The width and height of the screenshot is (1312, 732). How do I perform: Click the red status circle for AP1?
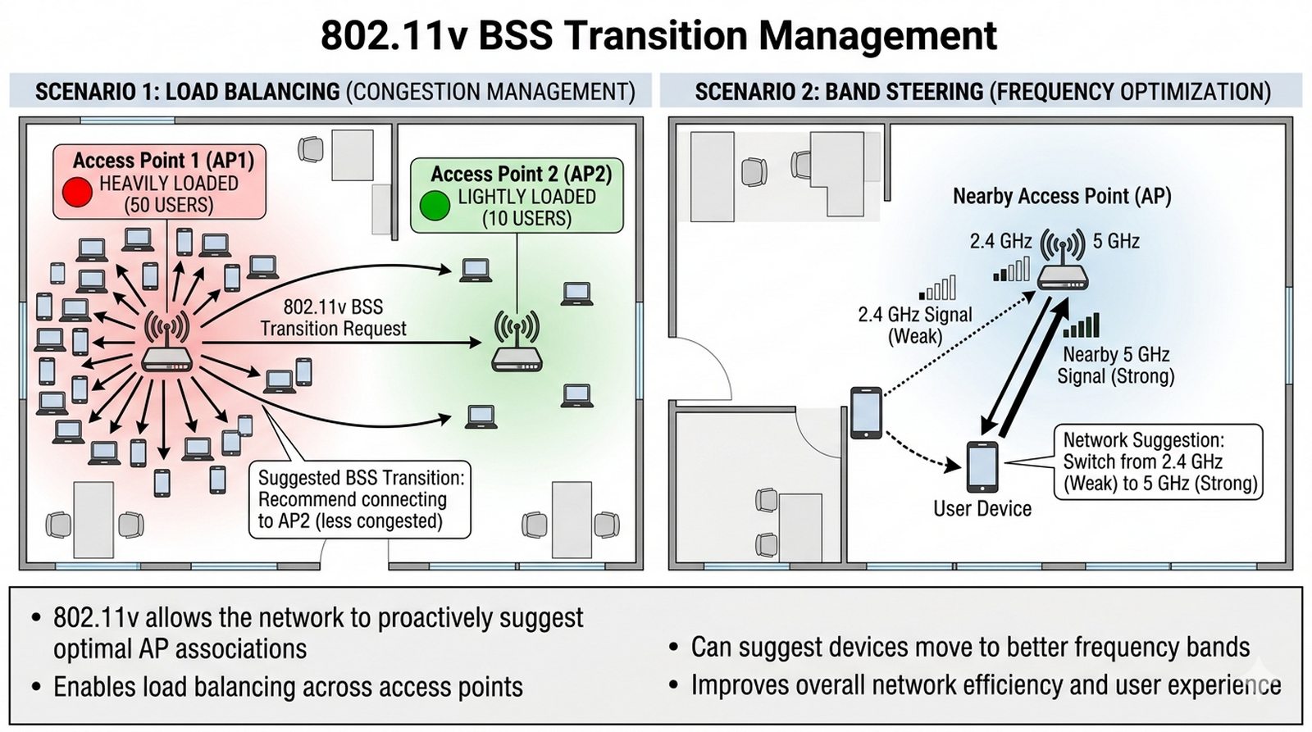click(x=77, y=192)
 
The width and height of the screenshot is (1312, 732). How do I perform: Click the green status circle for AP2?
click(x=435, y=205)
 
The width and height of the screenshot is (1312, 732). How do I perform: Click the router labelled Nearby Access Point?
click(x=1063, y=277)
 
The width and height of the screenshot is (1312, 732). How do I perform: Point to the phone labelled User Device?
click(x=982, y=467)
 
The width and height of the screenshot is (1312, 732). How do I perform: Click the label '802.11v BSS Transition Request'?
click(x=333, y=318)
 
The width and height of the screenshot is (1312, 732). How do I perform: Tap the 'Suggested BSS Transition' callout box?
click(x=360, y=499)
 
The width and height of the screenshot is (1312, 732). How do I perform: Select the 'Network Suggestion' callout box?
click(x=1159, y=461)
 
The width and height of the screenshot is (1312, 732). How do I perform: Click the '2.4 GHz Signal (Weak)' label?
click(x=915, y=325)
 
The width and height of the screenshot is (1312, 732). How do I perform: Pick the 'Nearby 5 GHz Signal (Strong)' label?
click(x=1115, y=366)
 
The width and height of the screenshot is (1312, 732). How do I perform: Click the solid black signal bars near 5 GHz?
click(x=1082, y=325)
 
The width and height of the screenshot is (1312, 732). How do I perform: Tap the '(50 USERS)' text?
click(x=169, y=205)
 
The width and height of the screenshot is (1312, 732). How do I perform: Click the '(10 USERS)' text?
click(x=526, y=219)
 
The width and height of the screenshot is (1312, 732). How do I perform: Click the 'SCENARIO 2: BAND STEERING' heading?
click(x=838, y=92)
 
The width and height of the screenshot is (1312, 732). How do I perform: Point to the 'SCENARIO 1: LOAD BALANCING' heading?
click(x=187, y=92)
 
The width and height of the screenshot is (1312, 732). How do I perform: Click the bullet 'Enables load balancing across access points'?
click(x=288, y=687)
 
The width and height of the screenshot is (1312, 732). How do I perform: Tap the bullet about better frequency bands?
click(x=970, y=647)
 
